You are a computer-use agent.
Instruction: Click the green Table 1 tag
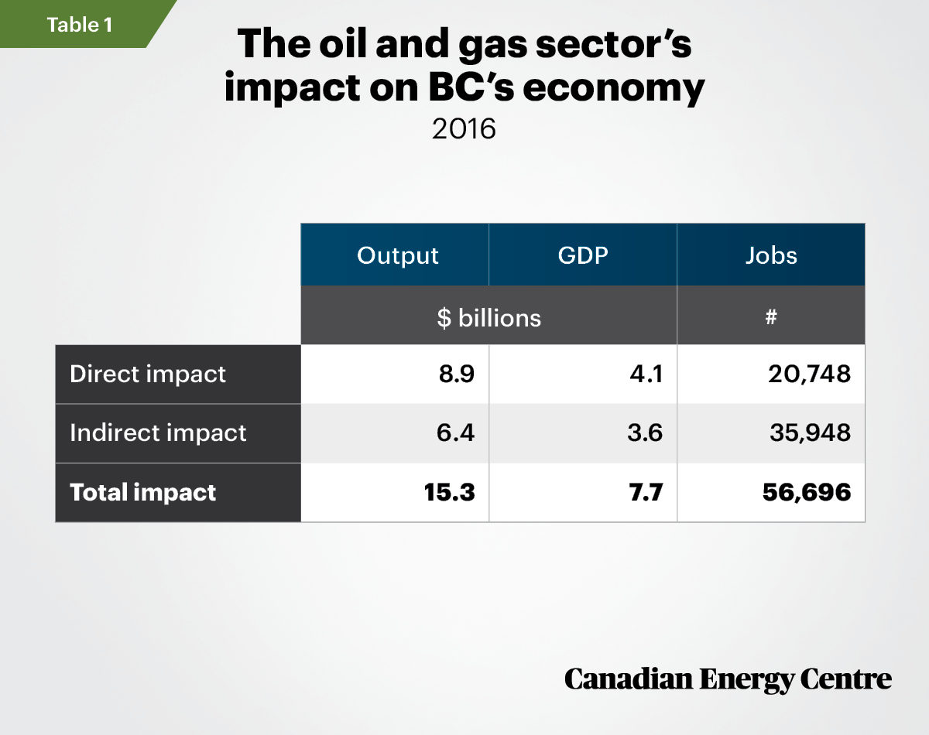point(80,24)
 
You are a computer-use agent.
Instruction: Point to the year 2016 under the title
point(464,128)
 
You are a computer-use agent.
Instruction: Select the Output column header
point(398,255)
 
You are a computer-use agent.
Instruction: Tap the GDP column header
point(583,255)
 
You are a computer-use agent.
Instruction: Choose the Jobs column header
point(771,255)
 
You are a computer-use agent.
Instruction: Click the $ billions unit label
point(488,318)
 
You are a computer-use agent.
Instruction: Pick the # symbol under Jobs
point(771,316)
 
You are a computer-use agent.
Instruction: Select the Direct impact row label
point(148,374)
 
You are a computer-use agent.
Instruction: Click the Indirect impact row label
point(158,433)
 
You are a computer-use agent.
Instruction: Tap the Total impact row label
point(143,492)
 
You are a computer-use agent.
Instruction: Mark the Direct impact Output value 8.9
point(456,374)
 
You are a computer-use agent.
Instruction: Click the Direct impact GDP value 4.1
point(646,374)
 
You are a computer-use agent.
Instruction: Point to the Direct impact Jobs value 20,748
point(810,374)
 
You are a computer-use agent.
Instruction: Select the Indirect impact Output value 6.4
point(455,432)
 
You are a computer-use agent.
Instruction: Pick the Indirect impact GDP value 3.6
point(645,432)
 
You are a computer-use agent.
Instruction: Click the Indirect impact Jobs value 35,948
point(811,433)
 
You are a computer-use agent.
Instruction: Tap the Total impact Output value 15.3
point(449,492)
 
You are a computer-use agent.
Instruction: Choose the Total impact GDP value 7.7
point(646,492)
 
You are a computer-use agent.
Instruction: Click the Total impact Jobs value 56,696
point(807,492)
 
